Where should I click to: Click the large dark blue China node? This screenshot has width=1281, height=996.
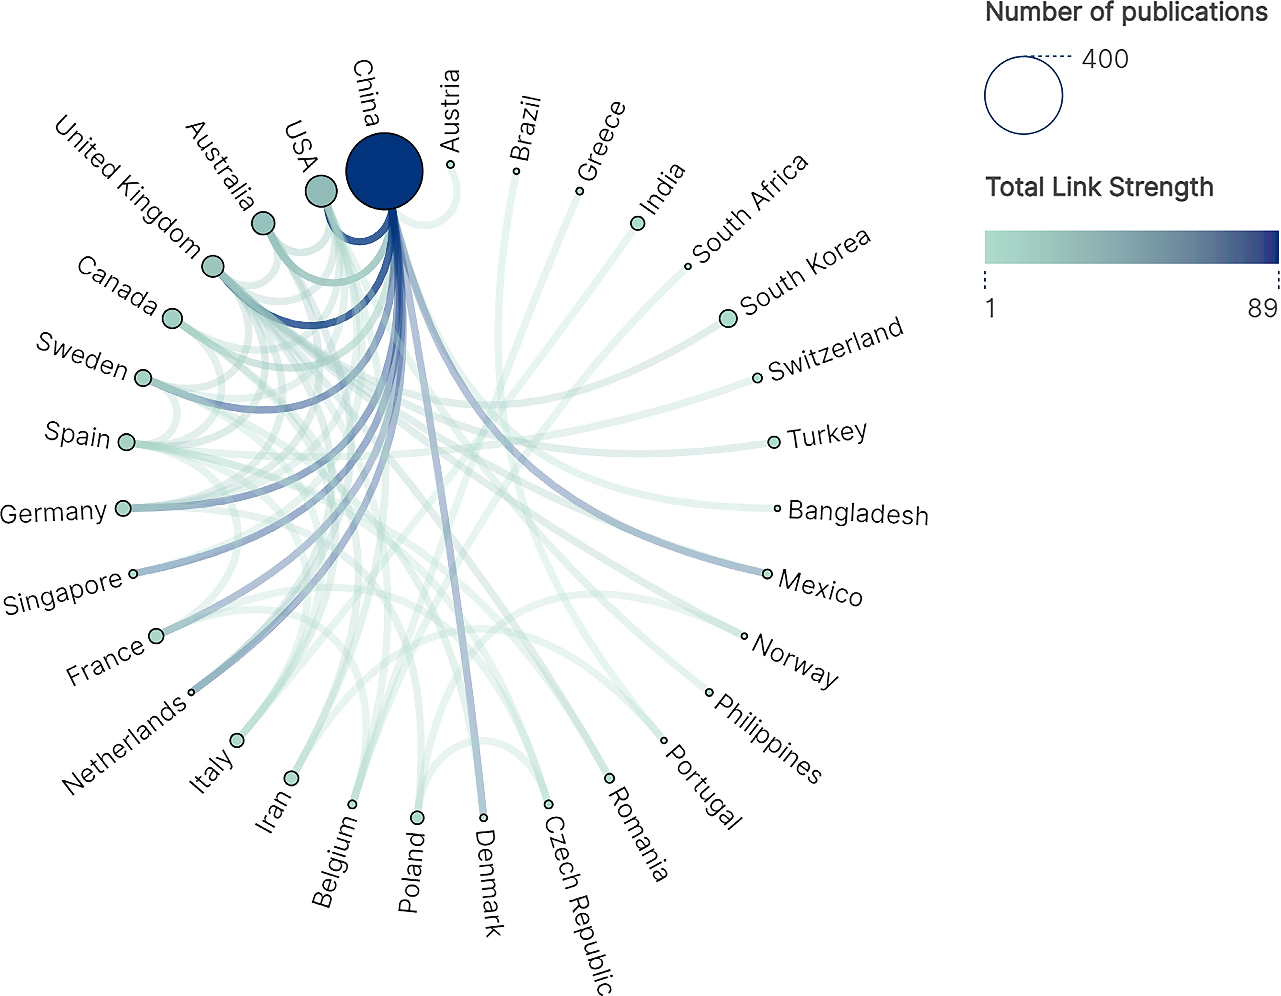click(x=384, y=171)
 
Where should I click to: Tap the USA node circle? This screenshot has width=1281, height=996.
click(x=321, y=191)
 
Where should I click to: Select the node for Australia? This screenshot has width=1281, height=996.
click(x=263, y=223)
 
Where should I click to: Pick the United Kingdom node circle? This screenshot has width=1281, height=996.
click(x=213, y=266)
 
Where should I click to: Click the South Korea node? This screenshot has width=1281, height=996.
click(x=728, y=318)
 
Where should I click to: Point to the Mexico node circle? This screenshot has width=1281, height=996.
click(x=767, y=574)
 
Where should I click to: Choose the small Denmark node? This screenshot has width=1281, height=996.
click(x=483, y=817)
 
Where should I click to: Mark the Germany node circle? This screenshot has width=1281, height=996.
click(x=123, y=508)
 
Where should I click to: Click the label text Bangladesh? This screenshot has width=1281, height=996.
click(x=858, y=513)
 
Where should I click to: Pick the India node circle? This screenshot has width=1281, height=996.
click(x=638, y=223)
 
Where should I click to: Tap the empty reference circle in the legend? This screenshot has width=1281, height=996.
click(x=1023, y=95)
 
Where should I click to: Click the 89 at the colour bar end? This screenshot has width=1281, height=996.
click(x=1262, y=308)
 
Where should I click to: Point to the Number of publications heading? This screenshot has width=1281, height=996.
click(x=1126, y=13)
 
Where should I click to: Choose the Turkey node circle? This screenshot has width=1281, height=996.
click(x=774, y=442)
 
